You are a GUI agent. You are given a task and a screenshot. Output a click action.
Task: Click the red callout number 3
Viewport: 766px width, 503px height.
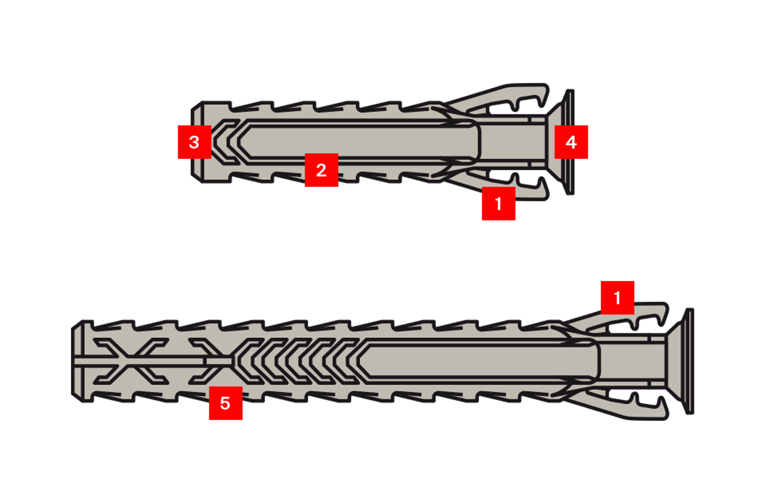(194, 142)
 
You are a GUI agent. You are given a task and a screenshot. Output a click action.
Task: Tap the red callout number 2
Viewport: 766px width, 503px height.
(321, 170)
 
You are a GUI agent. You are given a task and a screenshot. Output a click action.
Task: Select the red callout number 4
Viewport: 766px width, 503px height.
(571, 142)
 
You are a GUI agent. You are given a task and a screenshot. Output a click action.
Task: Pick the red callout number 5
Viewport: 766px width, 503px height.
(225, 403)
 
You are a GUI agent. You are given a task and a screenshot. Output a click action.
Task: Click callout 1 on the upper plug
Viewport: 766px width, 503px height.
(498, 204)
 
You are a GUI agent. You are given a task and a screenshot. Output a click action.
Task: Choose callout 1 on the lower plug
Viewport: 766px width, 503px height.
(617, 297)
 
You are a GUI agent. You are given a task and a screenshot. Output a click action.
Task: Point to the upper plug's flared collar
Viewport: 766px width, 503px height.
(564, 142)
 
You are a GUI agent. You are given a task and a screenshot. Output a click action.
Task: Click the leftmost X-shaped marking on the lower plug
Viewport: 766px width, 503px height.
(131, 361)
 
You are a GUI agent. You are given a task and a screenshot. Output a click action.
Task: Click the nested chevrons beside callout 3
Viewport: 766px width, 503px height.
(227, 142)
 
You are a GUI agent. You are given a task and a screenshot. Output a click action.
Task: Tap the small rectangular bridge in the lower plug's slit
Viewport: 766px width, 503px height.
(219, 361)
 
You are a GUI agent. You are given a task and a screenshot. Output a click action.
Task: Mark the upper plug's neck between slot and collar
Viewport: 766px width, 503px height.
(512, 142)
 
